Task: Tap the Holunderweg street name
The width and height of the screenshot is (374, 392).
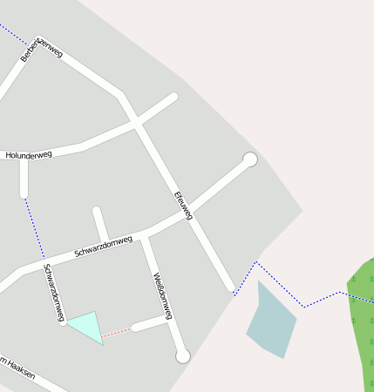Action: click(x=29, y=155)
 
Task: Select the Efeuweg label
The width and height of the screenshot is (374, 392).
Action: click(x=183, y=205)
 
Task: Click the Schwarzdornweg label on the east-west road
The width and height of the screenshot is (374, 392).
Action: click(x=103, y=246)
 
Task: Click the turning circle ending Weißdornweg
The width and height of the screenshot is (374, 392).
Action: click(x=183, y=355)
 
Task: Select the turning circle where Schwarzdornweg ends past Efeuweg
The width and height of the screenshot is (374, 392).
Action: click(x=250, y=159)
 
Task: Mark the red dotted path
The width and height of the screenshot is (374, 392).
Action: click(x=117, y=332)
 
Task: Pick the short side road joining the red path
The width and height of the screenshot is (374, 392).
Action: click(x=150, y=325)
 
